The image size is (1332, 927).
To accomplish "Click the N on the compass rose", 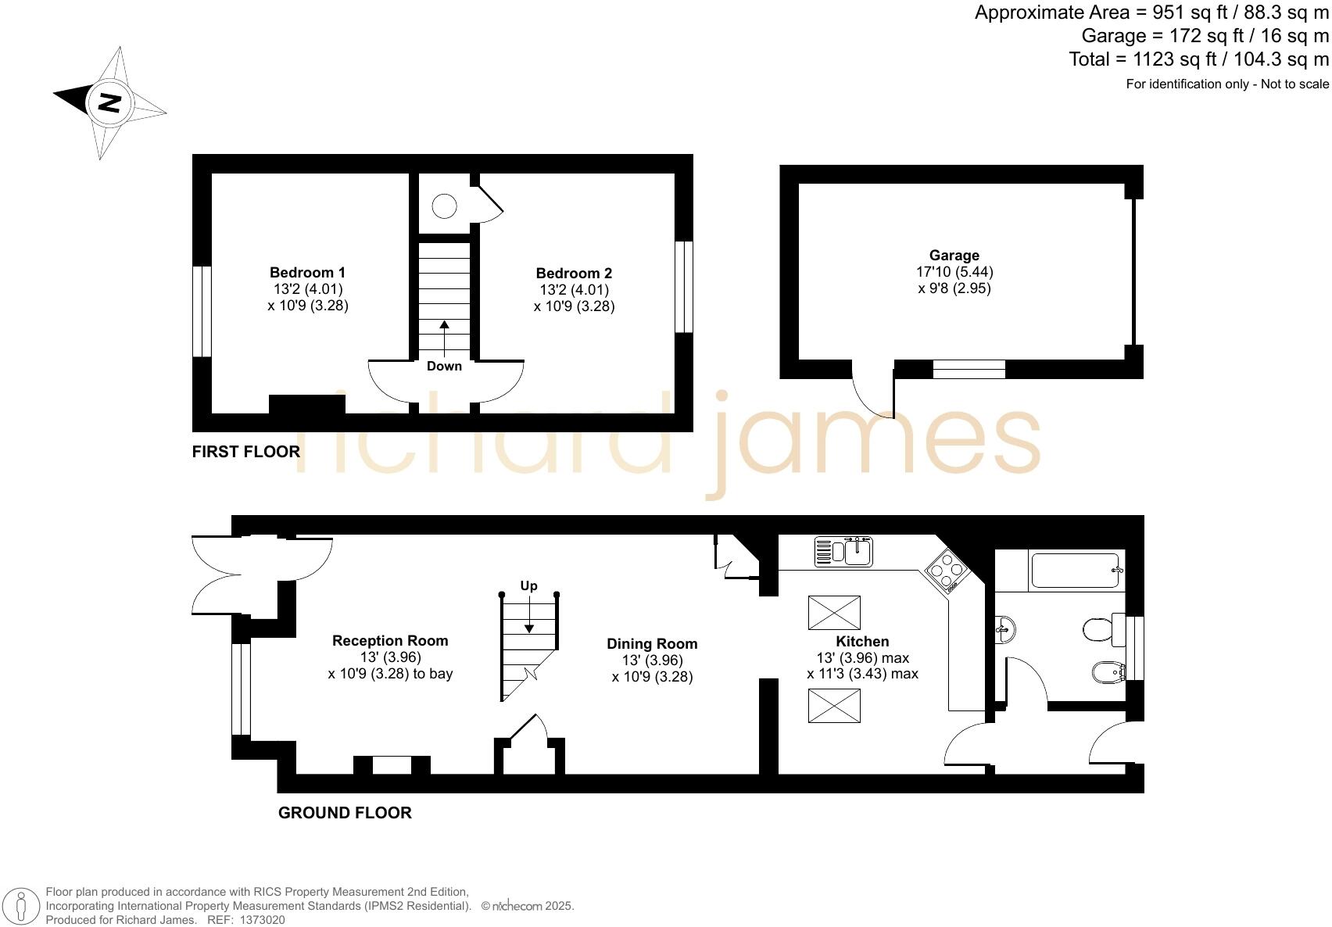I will (x=110, y=102).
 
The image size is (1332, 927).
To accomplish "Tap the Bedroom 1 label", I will (x=307, y=273).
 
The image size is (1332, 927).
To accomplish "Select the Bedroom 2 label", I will (x=574, y=274).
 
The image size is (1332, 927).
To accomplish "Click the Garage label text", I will (x=954, y=256).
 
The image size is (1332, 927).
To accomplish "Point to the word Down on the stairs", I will (x=444, y=366).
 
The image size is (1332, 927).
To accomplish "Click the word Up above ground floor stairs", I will (x=528, y=585).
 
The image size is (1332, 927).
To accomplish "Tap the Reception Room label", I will (x=390, y=641).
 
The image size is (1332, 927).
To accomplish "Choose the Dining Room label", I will (x=652, y=644).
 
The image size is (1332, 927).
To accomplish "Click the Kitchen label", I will (x=862, y=642).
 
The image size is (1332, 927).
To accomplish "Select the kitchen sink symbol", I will (x=843, y=552).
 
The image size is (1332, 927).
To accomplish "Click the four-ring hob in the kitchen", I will (x=947, y=570).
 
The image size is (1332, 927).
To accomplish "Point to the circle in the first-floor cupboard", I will (x=444, y=206).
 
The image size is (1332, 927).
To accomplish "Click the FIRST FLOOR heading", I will (x=245, y=452).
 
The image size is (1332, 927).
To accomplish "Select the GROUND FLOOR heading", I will (x=345, y=813).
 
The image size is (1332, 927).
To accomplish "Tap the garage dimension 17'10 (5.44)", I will (x=954, y=272).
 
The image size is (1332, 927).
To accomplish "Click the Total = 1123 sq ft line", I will (x=1198, y=59).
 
